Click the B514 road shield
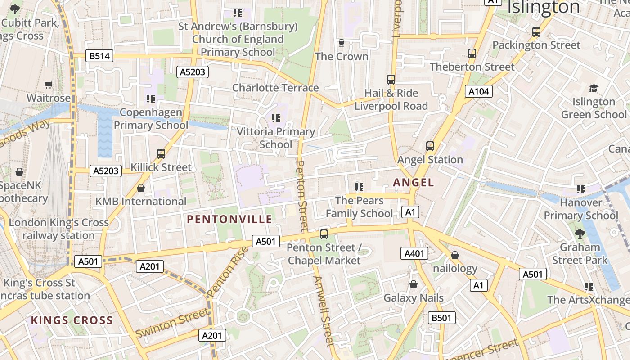[x=99, y=56]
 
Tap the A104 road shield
[x=478, y=92]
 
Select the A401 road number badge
[x=414, y=253]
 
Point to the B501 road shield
[x=441, y=318]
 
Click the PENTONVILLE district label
[x=229, y=219]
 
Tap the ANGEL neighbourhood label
[x=414, y=182]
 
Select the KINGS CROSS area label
[x=72, y=320]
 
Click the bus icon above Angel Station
[x=430, y=146]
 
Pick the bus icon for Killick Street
[x=161, y=154]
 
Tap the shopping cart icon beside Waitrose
[x=49, y=85]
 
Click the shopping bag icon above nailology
[x=455, y=256]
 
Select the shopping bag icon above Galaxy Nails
[x=414, y=284]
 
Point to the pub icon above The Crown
[x=342, y=43]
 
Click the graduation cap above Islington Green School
[x=594, y=88]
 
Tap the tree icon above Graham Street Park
[x=580, y=234]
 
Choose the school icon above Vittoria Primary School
[x=276, y=118]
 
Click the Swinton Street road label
[x=172, y=323]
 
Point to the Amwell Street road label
[x=324, y=310]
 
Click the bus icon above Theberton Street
[x=472, y=54]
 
